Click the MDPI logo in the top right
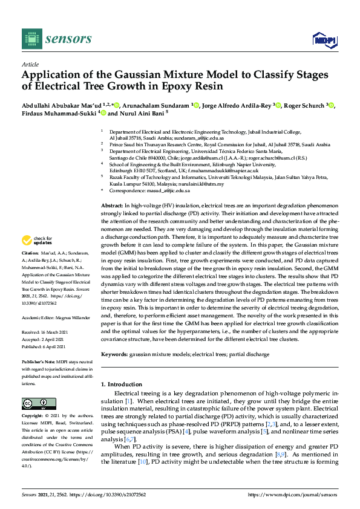point(324,40)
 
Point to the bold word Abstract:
point(113,207)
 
